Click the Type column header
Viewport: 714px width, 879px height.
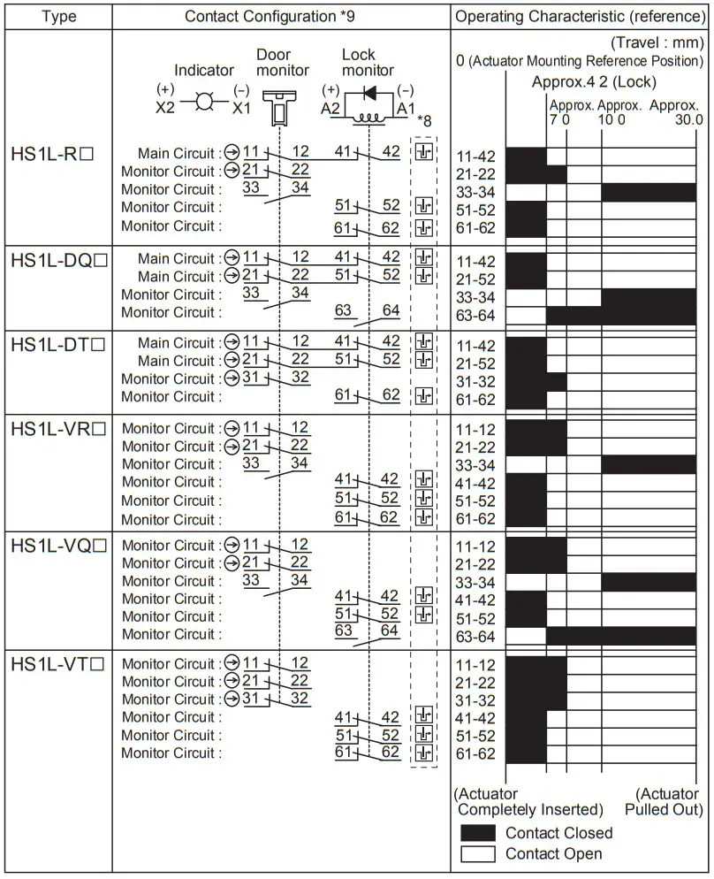click(x=58, y=17)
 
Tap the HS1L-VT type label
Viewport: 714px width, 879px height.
click(x=57, y=665)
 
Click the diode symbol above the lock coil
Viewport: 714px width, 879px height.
click(x=369, y=93)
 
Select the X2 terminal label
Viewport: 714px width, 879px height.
click(x=166, y=107)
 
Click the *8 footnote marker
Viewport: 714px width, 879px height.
click(x=424, y=121)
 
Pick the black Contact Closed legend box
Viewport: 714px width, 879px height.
click(x=477, y=833)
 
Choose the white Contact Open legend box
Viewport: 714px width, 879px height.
click(x=477, y=853)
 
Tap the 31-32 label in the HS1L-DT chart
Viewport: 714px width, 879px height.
click(x=475, y=382)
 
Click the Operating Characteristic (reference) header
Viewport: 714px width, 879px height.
click(x=581, y=17)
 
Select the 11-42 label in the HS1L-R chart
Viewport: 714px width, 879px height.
click(x=475, y=157)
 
